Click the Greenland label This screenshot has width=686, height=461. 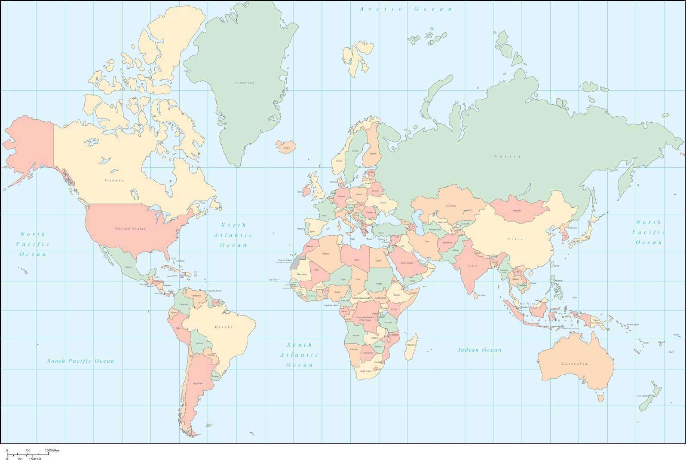pyautogui.click(x=245, y=82)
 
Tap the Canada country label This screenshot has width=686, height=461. pyautogui.click(x=114, y=180)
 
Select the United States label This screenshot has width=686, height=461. pyautogui.click(x=130, y=229)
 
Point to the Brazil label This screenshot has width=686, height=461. pyautogui.click(x=224, y=327)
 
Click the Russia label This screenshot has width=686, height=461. pyautogui.click(x=507, y=156)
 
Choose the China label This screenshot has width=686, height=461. pyautogui.click(x=515, y=239)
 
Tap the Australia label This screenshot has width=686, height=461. pyautogui.click(x=574, y=364)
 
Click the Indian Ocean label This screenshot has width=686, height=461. pyautogui.click(x=480, y=350)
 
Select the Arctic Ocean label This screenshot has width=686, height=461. pyautogui.click(x=406, y=9)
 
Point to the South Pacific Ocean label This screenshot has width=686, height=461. pyautogui.click(x=81, y=361)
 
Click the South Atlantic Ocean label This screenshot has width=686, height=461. pyautogui.click(x=300, y=355)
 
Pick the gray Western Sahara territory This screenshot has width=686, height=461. pyautogui.click(x=296, y=261)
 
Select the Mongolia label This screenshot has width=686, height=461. pyautogui.click(x=517, y=210)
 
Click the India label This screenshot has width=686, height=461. pyautogui.click(x=472, y=266)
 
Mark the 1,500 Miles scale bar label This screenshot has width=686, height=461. pyautogui.click(x=52, y=450)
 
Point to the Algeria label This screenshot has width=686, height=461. pyautogui.click(x=326, y=253)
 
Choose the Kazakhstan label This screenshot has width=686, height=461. pyautogui.click(x=451, y=206)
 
